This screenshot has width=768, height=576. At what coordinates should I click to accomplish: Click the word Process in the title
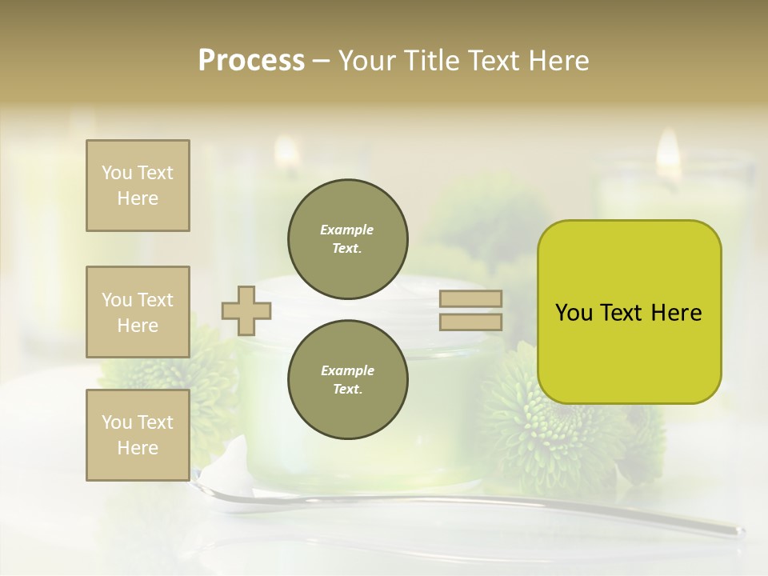tap(251, 60)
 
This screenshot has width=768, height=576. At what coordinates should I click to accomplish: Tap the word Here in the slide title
tap(554, 60)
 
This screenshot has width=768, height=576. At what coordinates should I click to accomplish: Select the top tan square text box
tap(138, 186)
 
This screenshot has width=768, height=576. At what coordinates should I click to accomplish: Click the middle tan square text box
tap(138, 312)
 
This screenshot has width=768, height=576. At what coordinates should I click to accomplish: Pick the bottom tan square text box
tap(138, 434)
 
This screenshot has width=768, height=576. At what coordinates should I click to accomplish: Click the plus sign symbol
tap(246, 310)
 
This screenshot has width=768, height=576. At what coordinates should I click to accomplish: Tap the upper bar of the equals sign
tap(471, 298)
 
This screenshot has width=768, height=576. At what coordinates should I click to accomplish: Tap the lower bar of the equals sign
tap(471, 322)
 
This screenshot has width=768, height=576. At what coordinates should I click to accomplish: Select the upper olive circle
tap(348, 239)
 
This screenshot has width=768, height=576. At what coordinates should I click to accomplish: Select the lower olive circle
tap(348, 379)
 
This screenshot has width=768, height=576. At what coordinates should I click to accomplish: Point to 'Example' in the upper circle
tap(346, 230)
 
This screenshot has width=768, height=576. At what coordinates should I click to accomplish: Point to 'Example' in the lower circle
tap(347, 370)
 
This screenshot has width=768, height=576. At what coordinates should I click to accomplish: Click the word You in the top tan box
tap(117, 173)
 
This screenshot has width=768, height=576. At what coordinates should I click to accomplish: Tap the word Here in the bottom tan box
tap(138, 448)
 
